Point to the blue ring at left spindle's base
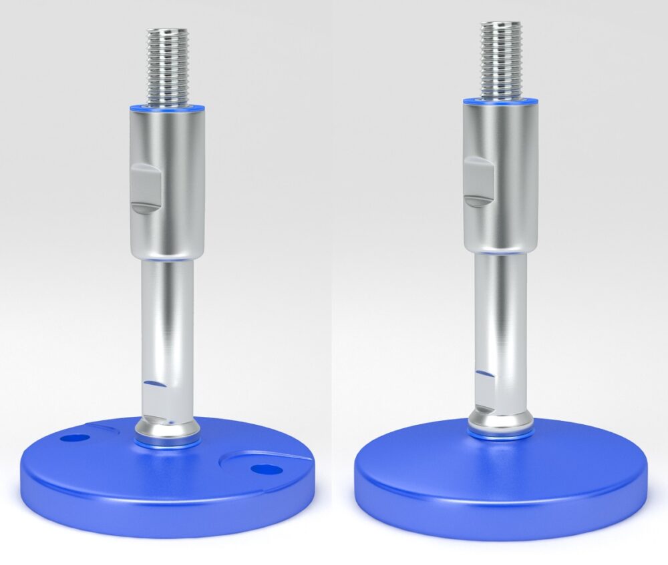pos(167,442)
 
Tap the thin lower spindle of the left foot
pos(168,320)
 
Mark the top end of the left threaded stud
pos(167,30)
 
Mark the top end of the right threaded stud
pos(500,24)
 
